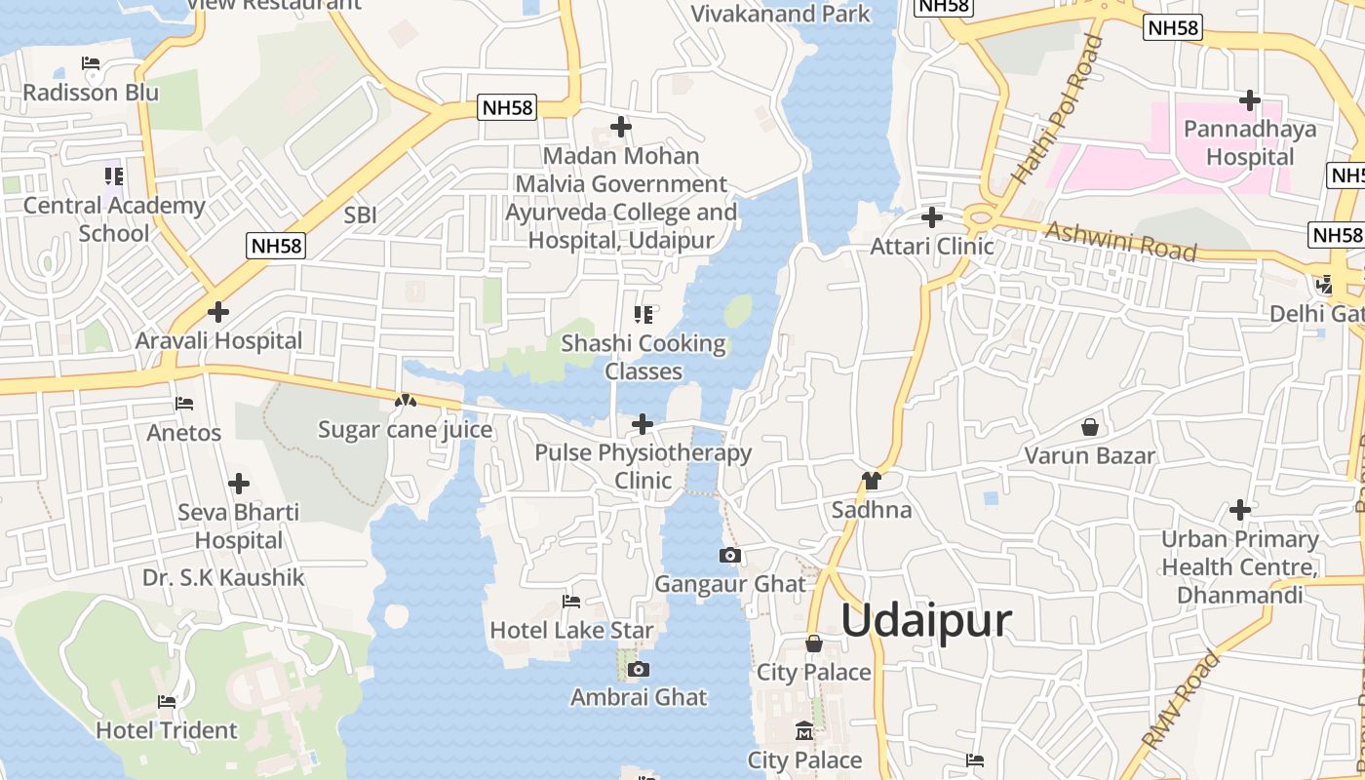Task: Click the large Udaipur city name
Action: (x=926, y=620)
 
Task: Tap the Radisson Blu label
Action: (x=91, y=93)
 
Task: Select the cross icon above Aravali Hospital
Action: (x=218, y=312)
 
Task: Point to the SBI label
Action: (x=360, y=215)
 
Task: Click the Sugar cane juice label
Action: (x=406, y=430)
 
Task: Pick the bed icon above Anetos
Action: (x=183, y=403)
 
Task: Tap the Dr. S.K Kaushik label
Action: (x=223, y=577)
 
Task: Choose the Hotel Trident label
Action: (x=167, y=730)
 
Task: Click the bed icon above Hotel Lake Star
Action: (x=571, y=602)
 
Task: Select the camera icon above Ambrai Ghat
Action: (x=639, y=669)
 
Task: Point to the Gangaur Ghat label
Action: (x=730, y=584)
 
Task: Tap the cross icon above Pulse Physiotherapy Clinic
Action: (x=643, y=424)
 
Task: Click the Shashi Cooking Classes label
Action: (x=643, y=358)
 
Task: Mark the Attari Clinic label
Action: (x=932, y=246)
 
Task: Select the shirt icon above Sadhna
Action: (x=872, y=481)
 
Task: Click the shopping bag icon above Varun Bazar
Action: (x=1090, y=427)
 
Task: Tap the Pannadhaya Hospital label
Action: (x=1250, y=142)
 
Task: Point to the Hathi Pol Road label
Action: (x=1058, y=109)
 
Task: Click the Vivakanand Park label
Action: (x=780, y=14)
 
